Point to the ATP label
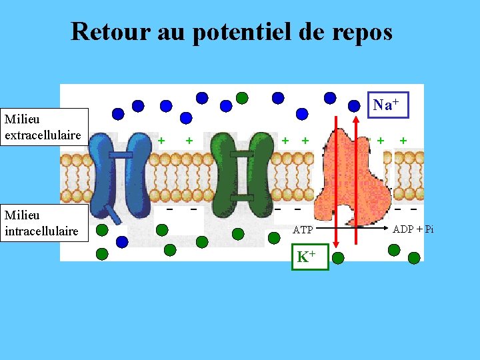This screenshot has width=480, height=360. (303, 230)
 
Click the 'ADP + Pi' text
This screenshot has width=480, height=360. (413, 229)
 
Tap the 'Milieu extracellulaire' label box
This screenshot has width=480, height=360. (43, 127)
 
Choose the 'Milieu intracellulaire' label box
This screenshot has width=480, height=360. (43, 223)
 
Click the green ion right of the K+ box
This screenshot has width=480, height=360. (339, 258)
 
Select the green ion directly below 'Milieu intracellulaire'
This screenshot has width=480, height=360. (101, 254)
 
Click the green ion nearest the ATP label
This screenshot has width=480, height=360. (274, 237)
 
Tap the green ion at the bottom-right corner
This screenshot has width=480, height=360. (414, 257)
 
